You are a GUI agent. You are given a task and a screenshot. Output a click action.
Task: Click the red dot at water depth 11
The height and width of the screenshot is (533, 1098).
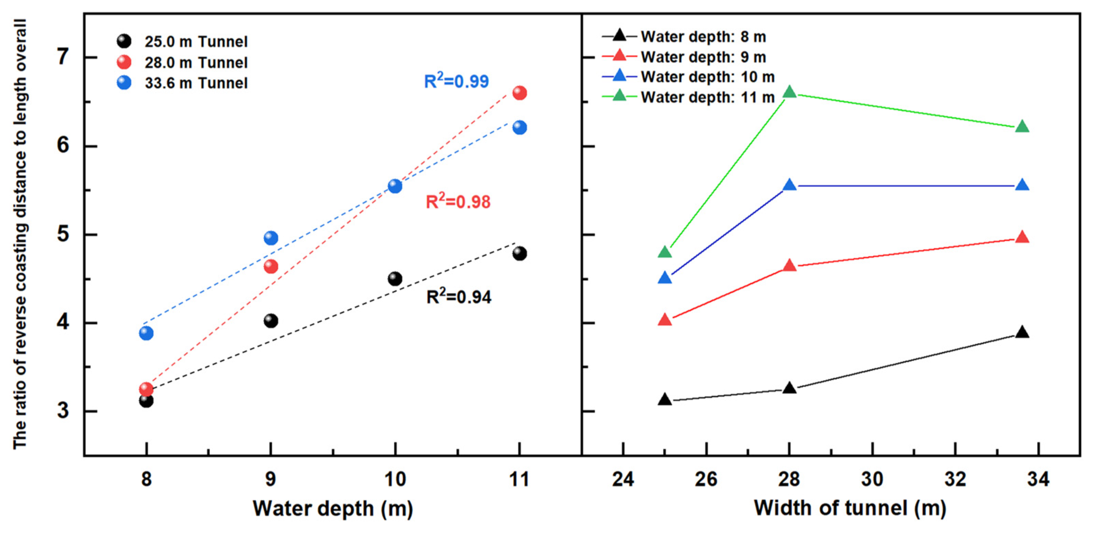(x=519, y=92)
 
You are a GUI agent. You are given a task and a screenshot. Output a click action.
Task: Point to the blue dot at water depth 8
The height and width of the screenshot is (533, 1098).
(x=146, y=333)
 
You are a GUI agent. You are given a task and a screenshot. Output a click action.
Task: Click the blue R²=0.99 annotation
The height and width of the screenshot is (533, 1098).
(x=456, y=81)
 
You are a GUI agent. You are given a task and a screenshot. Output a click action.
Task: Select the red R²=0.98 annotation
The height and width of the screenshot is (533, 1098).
(x=458, y=202)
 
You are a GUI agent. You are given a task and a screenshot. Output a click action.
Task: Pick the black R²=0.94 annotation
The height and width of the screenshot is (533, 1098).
(x=459, y=297)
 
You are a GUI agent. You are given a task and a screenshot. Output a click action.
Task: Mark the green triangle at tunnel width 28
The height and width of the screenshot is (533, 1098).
(x=789, y=92)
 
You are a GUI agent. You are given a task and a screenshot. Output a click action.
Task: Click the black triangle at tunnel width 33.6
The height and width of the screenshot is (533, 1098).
(x=1022, y=333)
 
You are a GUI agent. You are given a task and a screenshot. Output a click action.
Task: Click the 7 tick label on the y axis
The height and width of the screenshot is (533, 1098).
(x=63, y=57)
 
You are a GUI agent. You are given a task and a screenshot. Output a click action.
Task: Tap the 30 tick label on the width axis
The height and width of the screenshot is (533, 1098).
(x=872, y=479)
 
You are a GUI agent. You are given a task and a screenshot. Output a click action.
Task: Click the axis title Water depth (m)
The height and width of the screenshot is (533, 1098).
(x=333, y=508)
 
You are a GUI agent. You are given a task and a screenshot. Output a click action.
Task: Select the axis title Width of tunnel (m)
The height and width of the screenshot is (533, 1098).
(x=850, y=508)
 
